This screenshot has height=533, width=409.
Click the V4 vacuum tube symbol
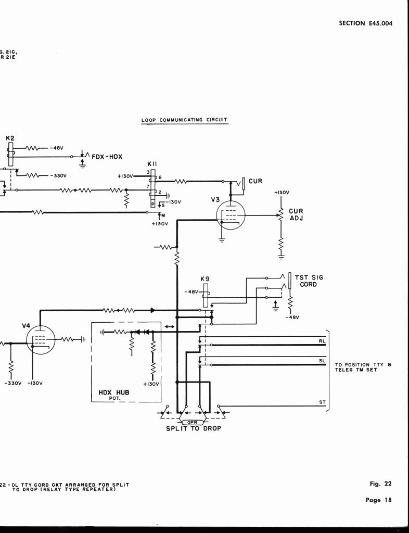pyautogui.click(x=40, y=340)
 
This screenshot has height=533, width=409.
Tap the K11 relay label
pyautogui.click(x=152, y=163)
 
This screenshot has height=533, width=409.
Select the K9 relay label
pyautogui.click(x=205, y=278)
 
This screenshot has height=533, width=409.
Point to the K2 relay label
pyautogui.click(x=10, y=138)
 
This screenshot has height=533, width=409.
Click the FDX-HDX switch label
pyautogui.click(x=107, y=156)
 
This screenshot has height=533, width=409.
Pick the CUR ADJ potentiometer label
pyautogui.click(x=296, y=214)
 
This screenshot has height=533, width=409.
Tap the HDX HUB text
pyautogui.click(x=114, y=392)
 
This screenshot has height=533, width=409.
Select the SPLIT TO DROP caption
pyautogui.click(x=193, y=428)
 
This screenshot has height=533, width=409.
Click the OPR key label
pyautogui.click(x=193, y=422)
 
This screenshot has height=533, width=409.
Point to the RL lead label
pyautogui.click(x=322, y=341)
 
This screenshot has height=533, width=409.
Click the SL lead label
pyautogui.click(x=322, y=360)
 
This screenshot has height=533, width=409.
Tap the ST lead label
pyautogui.click(x=322, y=402)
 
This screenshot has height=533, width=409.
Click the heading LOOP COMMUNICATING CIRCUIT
pyautogui.click(x=184, y=120)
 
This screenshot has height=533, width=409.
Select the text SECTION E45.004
pyautogui.click(x=365, y=23)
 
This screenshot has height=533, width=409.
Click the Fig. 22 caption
pyautogui.click(x=380, y=484)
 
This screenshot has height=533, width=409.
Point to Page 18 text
pyautogui.click(x=378, y=500)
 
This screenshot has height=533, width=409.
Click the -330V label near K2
pyautogui.click(x=57, y=175)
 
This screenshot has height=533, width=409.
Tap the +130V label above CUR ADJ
pyautogui.click(x=282, y=193)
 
